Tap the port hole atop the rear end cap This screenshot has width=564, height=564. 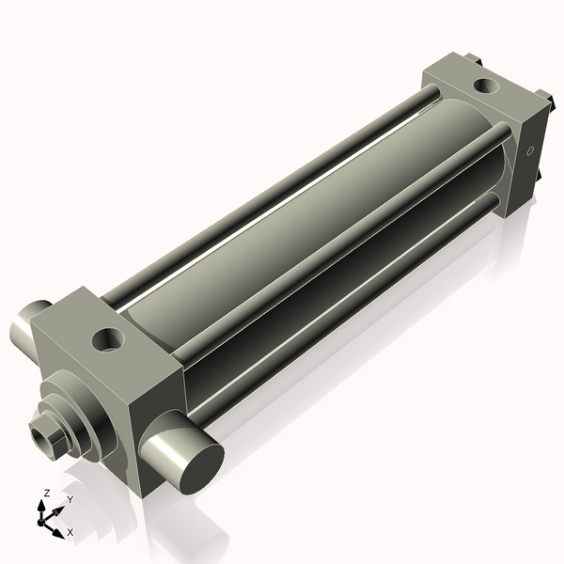click(x=486, y=86)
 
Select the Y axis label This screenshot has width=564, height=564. click(x=70, y=499)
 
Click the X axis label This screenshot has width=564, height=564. click(x=70, y=532)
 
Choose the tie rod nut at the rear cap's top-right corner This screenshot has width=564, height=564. click(x=542, y=96)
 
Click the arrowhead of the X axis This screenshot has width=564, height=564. click(x=62, y=531)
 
